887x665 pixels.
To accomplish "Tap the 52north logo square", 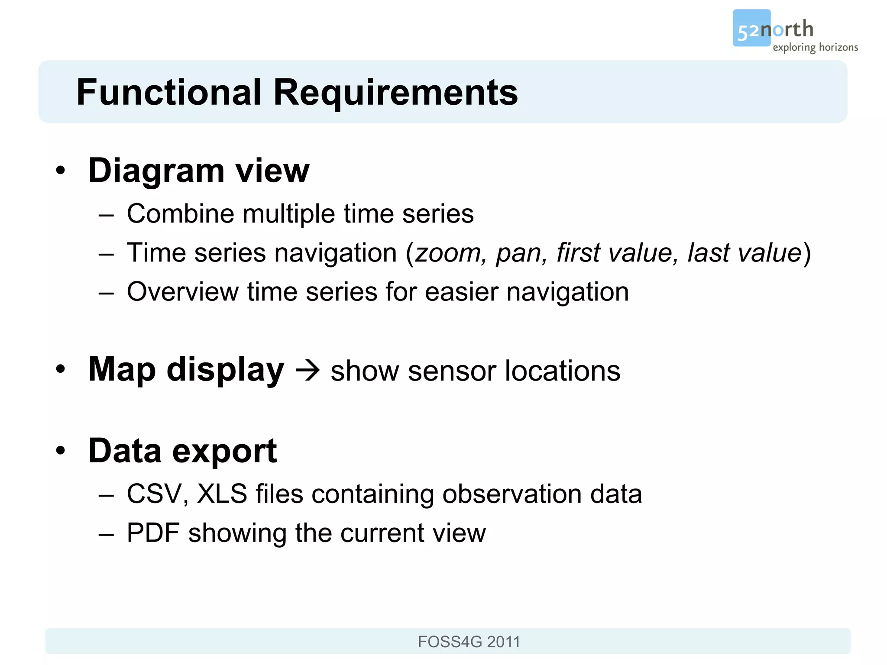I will pyautogui.click(x=751, y=28).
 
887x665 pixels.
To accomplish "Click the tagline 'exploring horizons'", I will pyautogui.click(x=815, y=47).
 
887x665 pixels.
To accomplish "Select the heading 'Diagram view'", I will pyautogui.click(x=199, y=170).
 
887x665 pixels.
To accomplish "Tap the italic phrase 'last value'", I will pyautogui.click(x=745, y=253).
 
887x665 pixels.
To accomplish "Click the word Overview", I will pyautogui.click(x=182, y=292).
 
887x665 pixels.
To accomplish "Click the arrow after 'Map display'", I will pyautogui.click(x=308, y=371).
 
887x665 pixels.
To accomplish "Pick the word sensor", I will pyautogui.click(x=452, y=371).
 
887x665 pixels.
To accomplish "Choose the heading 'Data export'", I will pyautogui.click(x=182, y=451).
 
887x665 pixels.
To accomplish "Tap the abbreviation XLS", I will pyautogui.click(x=222, y=494).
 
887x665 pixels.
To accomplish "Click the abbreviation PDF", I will pyautogui.click(x=153, y=533).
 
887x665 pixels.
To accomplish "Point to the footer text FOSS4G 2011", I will pyautogui.click(x=469, y=642).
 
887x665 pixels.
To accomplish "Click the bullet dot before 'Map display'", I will pyautogui.click(x=61, y=369).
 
